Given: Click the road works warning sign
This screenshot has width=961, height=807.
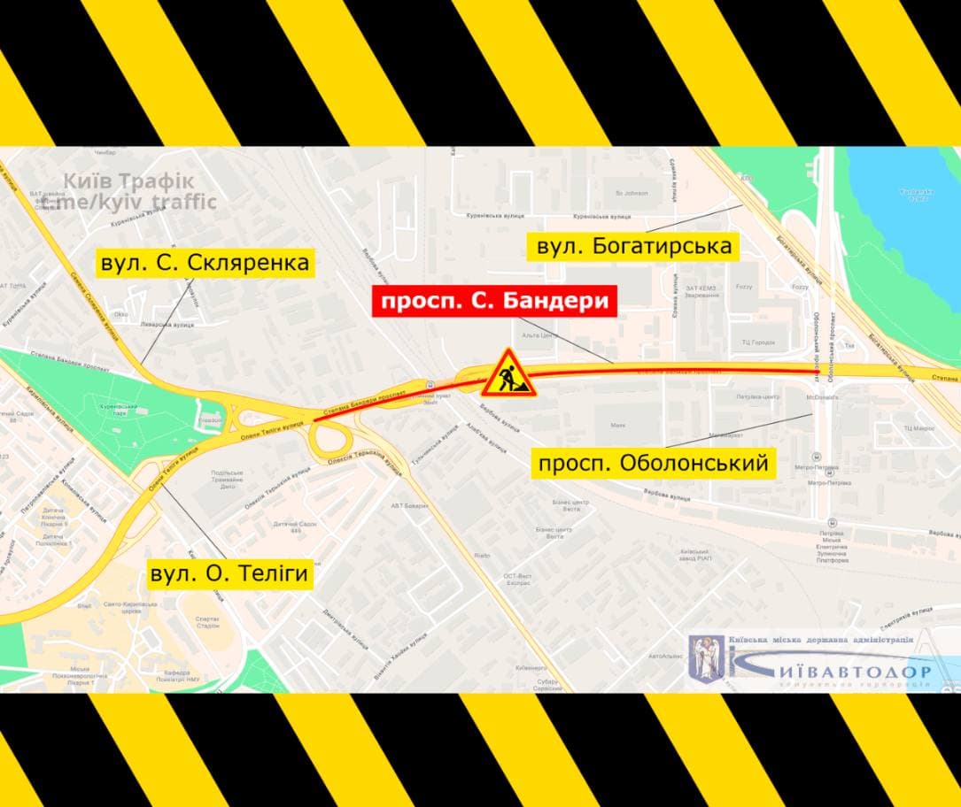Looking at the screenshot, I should tap(508, 373).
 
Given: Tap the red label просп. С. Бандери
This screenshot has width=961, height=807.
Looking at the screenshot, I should tap(493, 302).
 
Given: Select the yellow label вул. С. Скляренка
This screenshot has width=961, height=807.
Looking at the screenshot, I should tap(205, 263).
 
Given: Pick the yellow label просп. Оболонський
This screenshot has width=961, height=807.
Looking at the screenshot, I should tap(654, 463).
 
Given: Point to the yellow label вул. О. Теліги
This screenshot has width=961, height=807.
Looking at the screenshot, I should tap(229, 573).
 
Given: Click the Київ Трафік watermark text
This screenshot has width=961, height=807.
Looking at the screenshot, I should tap(128, 181).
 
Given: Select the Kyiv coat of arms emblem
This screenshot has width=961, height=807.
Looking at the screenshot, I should tap(707, 657).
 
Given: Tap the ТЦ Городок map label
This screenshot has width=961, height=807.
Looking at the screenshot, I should tap(758, 342).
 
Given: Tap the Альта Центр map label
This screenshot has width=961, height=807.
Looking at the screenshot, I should tap(539, 335).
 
